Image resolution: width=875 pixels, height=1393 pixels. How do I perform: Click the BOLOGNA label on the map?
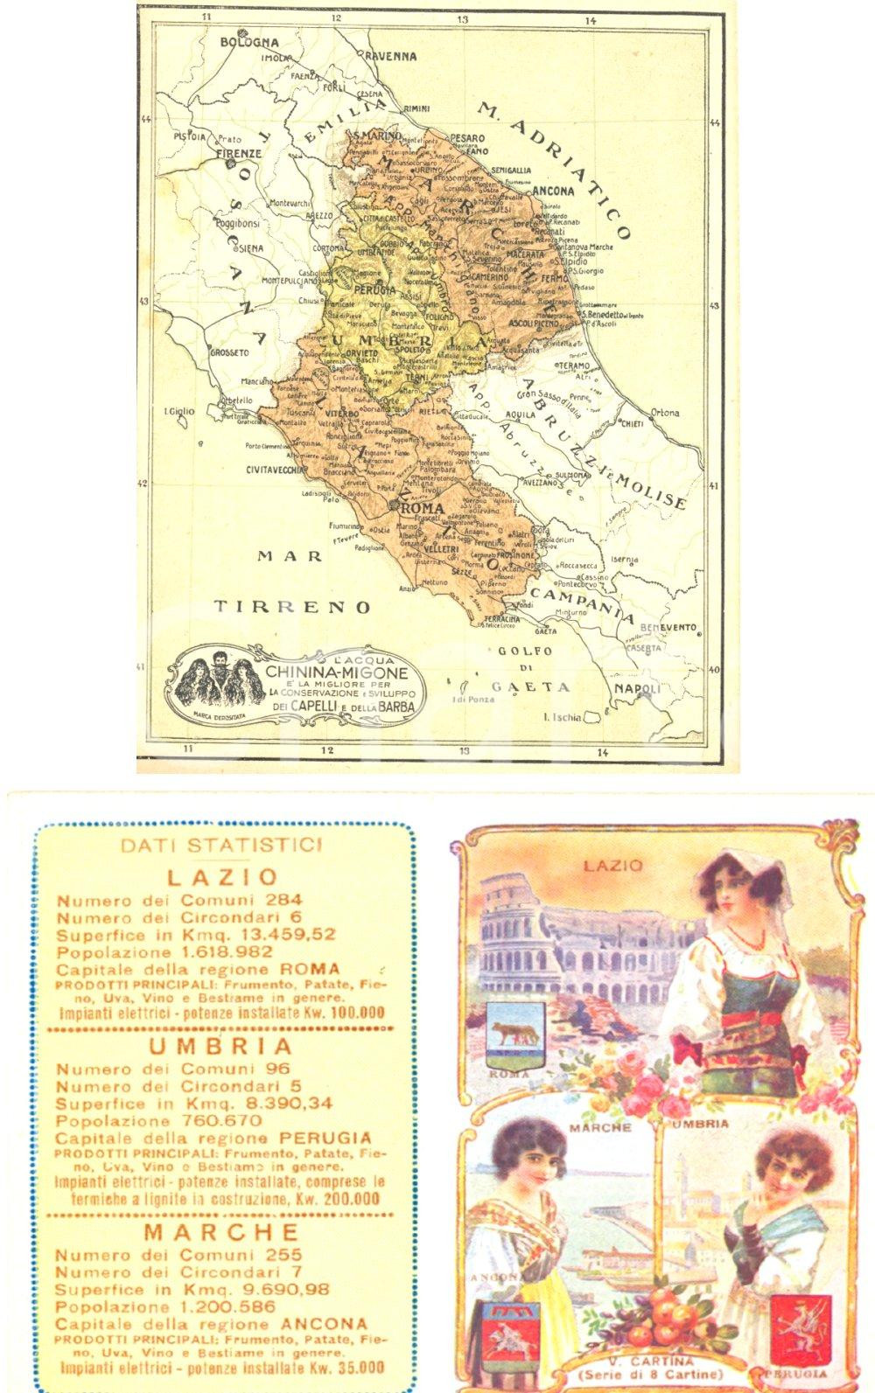(x=249, y=42)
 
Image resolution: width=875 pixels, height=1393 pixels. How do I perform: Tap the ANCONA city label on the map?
(x=551, y=191)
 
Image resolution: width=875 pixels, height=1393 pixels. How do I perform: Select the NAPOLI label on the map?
(x=637, y=691)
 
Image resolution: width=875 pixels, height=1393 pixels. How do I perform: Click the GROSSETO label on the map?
(x=229, y=352)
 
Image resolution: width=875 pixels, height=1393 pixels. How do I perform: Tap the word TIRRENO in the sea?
(x=294, y=606)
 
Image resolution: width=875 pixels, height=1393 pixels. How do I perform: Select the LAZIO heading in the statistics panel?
(x=222, y=876)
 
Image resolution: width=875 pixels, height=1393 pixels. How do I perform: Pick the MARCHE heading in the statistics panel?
(x=221, y=1232)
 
